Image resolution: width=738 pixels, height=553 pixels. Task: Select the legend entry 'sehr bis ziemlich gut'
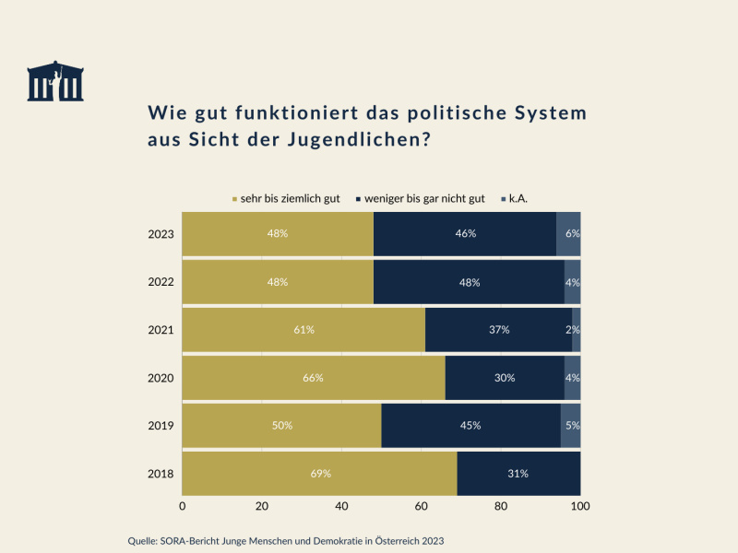coord(285,198)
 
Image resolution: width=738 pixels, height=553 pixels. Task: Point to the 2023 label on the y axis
coord(161,234)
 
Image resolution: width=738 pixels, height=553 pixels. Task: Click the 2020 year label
coord(161,378)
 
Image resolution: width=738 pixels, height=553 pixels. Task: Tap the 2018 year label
coord(161,474)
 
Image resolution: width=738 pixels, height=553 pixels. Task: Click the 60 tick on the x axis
coord(422,506)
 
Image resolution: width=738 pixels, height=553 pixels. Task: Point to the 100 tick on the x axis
coord(580,506)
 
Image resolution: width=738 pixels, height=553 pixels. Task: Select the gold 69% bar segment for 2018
coord(319,474)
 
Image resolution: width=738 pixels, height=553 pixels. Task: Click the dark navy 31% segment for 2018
coord(518,474)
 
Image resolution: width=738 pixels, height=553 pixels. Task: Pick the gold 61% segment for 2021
coord(304,330)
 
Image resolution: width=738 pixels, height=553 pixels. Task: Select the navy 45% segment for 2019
coord(470,426)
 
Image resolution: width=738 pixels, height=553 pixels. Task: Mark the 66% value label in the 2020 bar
coord(314,378)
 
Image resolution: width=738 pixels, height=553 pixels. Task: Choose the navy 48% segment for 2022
coord(469,282)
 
